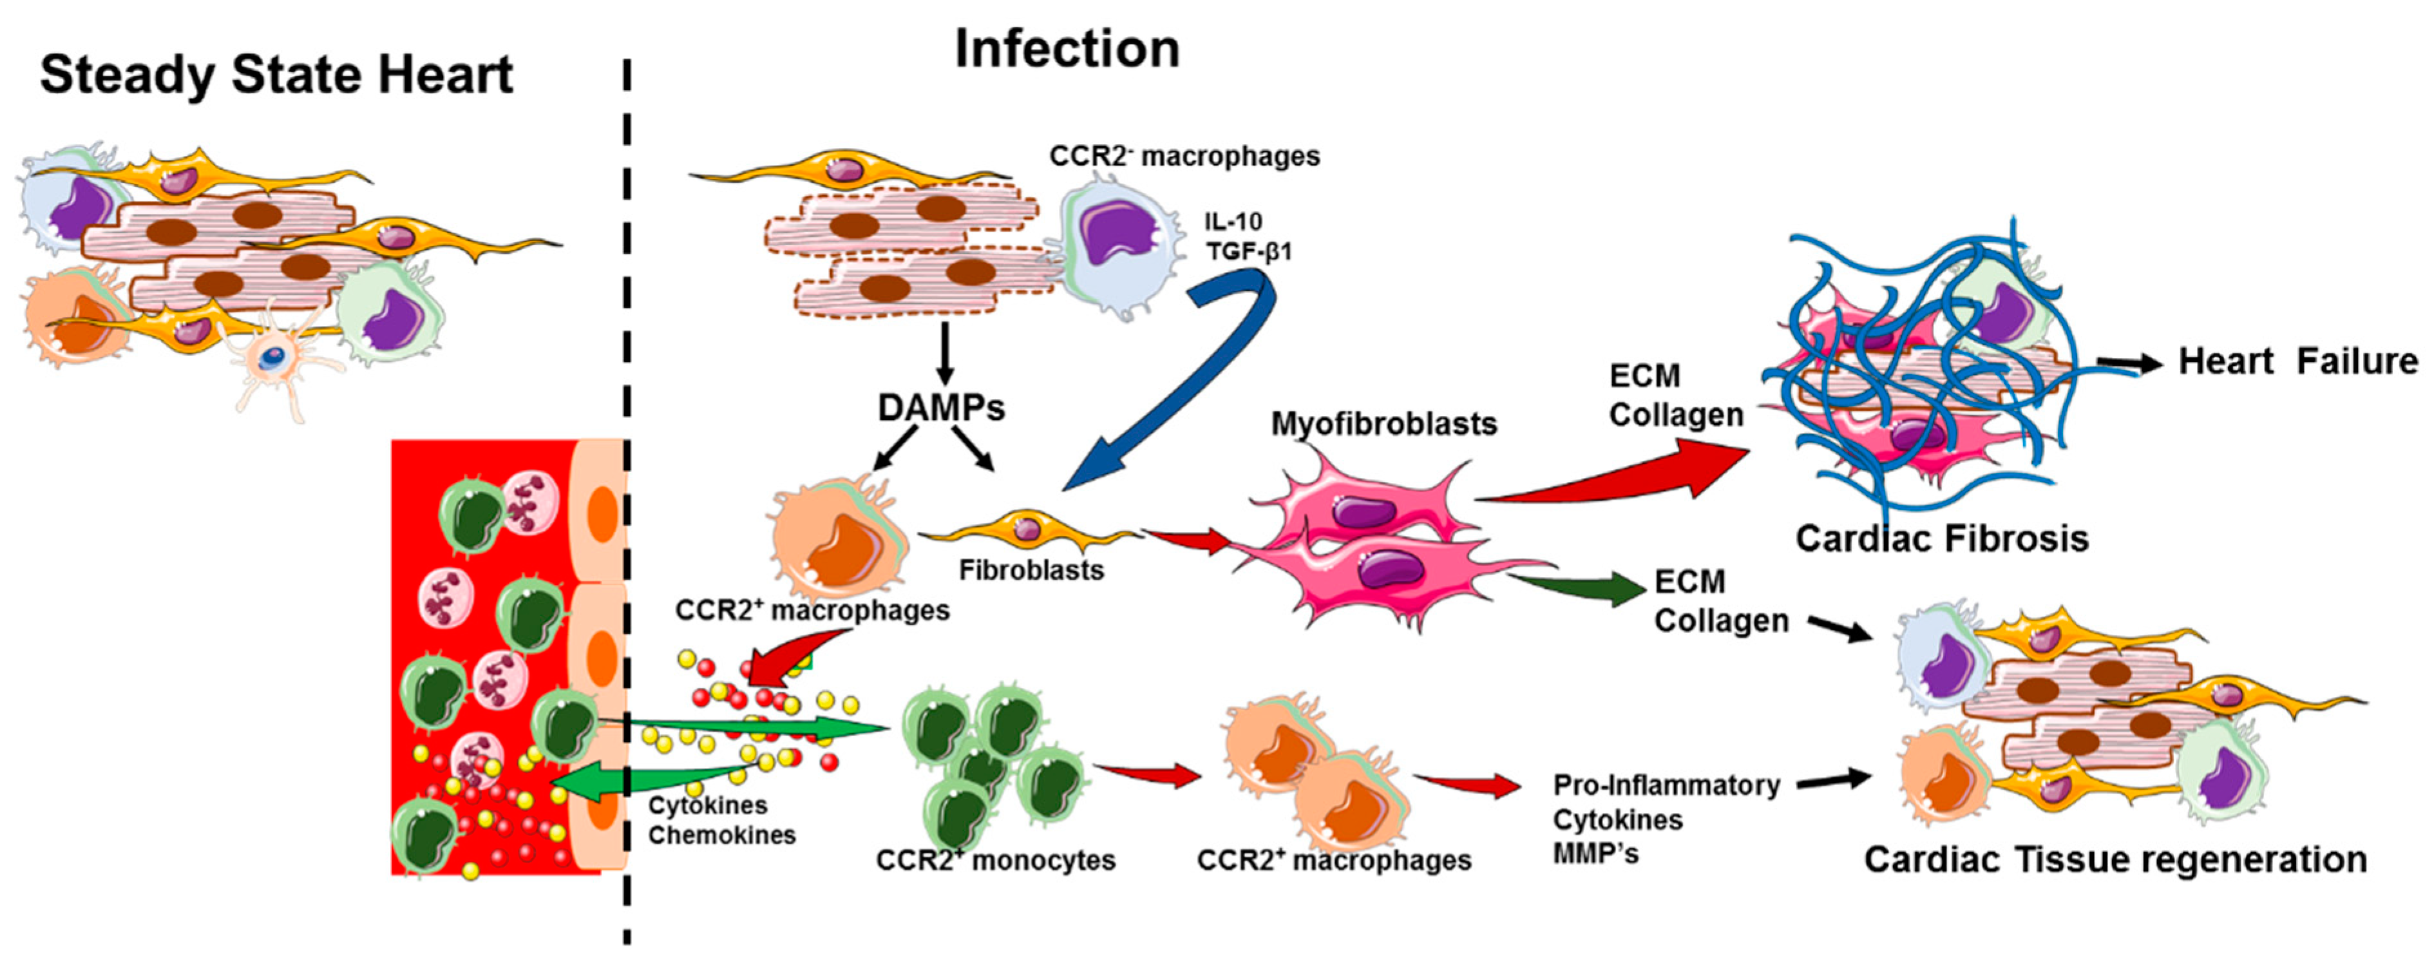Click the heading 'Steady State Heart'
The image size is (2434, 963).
tap(276, 75)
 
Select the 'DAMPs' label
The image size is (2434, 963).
tap(941, 407)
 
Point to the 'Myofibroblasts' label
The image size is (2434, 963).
tap(1383, 423)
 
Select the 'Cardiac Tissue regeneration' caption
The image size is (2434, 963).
tap(2115, 860)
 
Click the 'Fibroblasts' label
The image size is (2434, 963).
tap(1031, 571)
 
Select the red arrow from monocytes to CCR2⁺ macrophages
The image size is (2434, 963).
tap(1148, 774)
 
